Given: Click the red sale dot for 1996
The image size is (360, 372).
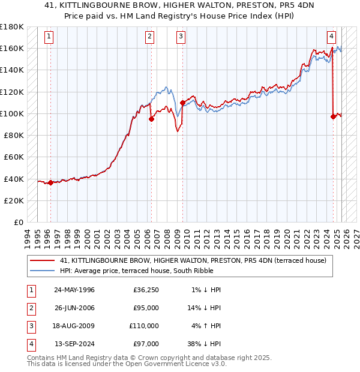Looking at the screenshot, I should click(x=50, y=183).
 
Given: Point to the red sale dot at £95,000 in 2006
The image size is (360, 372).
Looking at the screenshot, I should click(x=151, y=119).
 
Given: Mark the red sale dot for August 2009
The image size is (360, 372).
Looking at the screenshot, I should click(x=182, y=103).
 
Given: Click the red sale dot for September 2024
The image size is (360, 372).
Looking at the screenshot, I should click(x=333, y=117).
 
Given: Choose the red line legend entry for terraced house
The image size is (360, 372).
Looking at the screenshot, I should click(x=193, y=260).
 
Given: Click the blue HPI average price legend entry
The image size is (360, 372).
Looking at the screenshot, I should click(x=163, y=271).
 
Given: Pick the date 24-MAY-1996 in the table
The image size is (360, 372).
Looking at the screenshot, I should click(x=74, y=290).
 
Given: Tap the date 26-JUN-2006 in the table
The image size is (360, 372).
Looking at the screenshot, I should click(x=74, y=308).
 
